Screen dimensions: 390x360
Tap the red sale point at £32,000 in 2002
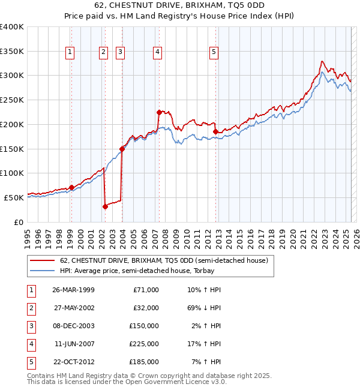105,206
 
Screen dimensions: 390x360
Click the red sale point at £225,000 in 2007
159,112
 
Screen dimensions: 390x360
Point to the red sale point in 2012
215,131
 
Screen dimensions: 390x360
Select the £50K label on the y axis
14,197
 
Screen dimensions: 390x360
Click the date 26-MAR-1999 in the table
73,290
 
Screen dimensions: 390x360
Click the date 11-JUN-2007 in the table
74,344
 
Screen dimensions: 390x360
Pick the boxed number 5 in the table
30,362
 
